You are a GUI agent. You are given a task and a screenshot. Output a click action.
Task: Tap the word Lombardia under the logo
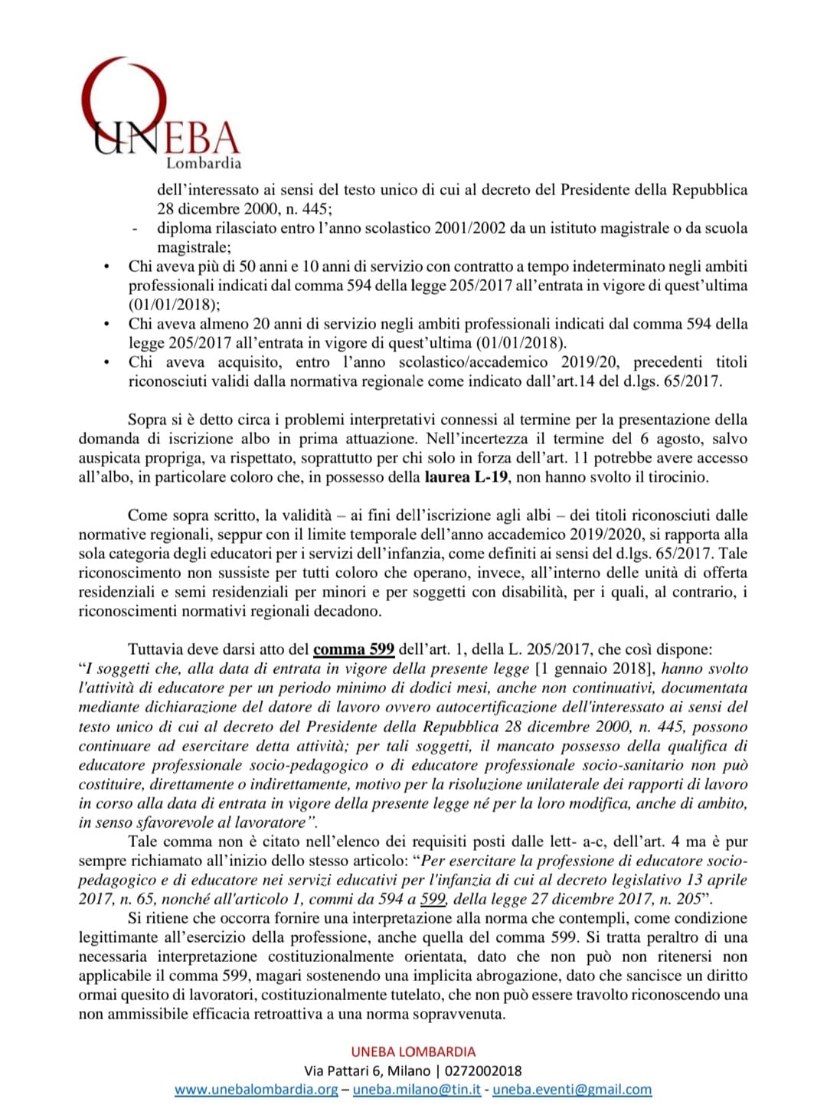point(204,163)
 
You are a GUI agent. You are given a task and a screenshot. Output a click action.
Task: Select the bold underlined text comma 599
point(354,649)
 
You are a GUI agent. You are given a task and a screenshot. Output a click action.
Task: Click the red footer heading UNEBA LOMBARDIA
point(413,1051)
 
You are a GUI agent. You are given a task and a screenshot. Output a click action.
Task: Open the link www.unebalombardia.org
point(256,1089)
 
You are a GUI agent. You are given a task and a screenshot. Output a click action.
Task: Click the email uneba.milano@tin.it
point(417,1089)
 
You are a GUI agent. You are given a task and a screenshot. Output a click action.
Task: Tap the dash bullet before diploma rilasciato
point(136,228)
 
